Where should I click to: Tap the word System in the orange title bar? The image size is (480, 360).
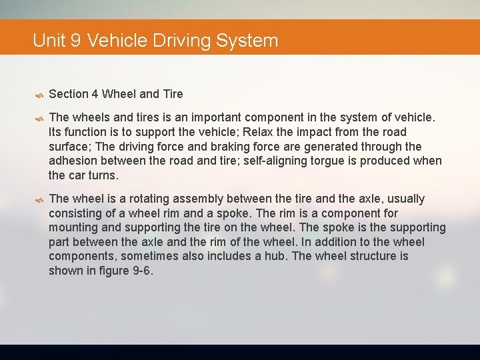pyautogui.click(x=247, y=40)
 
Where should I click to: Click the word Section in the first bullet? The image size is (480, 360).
pyautogui.click(x=69, y=94)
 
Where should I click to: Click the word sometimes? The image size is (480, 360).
pyautogui.click(x=143, y=256)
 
